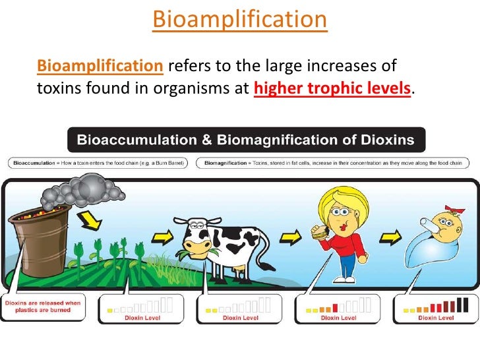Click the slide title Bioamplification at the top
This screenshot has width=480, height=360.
(239, 20)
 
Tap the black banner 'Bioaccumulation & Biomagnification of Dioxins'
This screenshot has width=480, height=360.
(246, 140)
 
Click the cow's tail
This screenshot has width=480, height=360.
(266, 253)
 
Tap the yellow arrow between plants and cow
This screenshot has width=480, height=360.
(160, 236)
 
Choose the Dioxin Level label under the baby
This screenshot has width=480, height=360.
(436, 317)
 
